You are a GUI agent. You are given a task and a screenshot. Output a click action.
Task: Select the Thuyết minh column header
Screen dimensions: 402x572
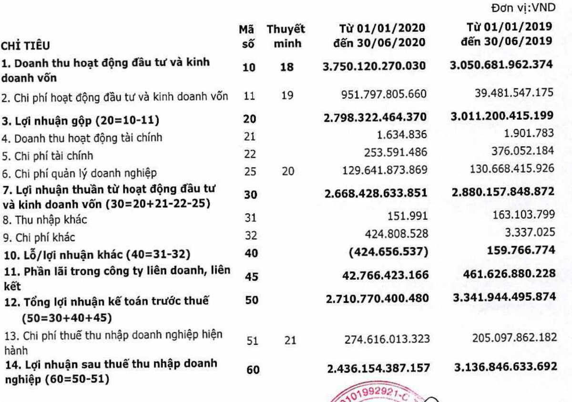coord(286,36)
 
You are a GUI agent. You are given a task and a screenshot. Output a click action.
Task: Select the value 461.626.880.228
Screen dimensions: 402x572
coord(503,274)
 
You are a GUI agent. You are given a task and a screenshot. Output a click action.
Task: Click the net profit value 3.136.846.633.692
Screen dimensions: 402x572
coord(503,367)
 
